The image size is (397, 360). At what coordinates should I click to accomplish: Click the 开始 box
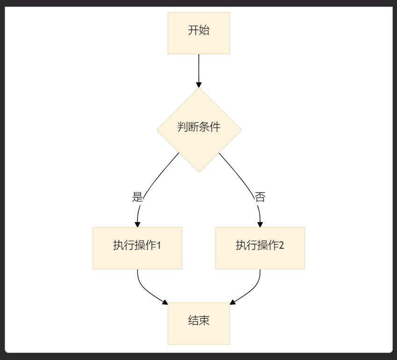tap(199, 33)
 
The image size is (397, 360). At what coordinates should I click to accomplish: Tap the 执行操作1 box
tap(137, 248)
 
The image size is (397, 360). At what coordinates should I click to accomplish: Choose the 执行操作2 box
tap(260, 248)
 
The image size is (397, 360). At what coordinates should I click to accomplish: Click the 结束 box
tap(199, 324)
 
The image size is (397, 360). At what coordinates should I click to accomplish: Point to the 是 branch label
tap(137, 197)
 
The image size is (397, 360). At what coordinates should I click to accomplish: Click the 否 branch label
tap(260, 197)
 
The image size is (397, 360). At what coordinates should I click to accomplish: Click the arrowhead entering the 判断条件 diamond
tap(199, 85)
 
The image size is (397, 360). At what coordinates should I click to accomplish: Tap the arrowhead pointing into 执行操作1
tap(137, 224)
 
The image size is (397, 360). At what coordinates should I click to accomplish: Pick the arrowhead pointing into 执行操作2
tap(260, 224)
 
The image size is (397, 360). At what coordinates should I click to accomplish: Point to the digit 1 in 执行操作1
tap(159, 245)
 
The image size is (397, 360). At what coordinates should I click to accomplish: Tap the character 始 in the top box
tap(204, 31)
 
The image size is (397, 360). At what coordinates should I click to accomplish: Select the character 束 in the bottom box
tap(204, 320)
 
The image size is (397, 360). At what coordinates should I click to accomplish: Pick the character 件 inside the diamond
tap(215, 127)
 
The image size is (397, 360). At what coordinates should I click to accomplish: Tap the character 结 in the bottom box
tap(193, 320)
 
